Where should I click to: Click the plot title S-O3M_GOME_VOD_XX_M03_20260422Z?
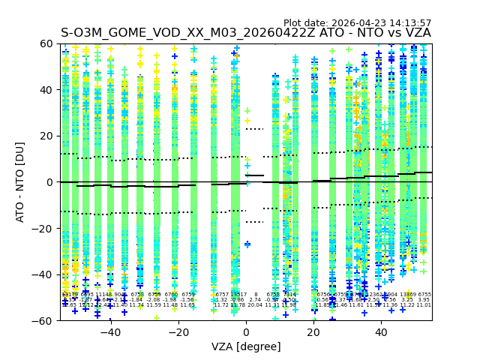click(246, 33)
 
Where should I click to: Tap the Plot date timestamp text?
click(357, 23)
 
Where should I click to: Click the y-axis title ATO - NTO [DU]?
click(21, 182)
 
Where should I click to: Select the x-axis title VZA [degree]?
click(246, 346)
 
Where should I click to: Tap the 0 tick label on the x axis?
click(246, 331)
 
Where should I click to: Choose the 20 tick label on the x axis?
click(313, 331)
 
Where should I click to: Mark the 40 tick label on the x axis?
click(381, 331)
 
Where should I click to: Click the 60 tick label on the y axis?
click(47, 44)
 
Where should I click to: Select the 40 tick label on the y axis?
click(47, 90)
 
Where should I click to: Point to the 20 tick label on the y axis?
click(47, 136)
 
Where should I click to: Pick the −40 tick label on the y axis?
click(44, 274)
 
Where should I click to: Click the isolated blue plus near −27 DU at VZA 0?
click(247, 244)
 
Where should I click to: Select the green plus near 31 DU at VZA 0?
click(247, 111)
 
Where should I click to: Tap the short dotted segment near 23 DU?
click(254, 129)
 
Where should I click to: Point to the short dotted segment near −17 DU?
click(254, 222)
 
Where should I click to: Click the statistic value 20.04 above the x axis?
click(255, 305)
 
